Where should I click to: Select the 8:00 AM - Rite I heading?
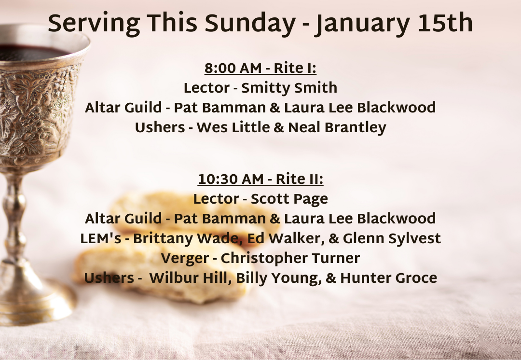point(260,69)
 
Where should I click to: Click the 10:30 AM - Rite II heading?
point(260,180)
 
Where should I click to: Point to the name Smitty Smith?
point(289,88)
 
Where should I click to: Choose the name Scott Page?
point(289,199)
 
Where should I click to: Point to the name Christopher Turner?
point(290,258)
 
